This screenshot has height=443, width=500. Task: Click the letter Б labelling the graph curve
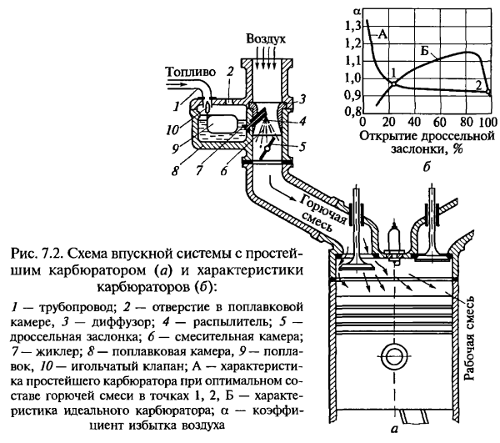[x=427, y=52]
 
